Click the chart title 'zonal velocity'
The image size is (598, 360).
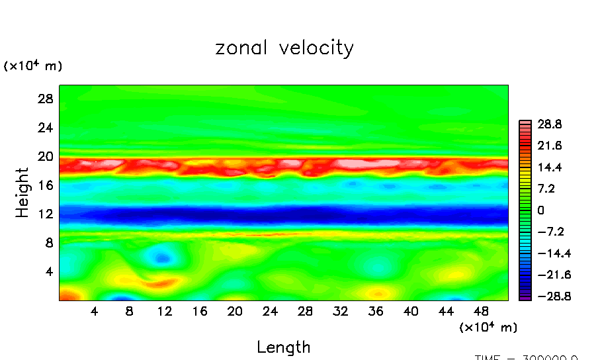click(284, 48)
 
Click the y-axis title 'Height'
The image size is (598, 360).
click(22, 193)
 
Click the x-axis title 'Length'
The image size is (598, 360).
click(283, 347)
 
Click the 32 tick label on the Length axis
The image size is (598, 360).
click(341, 310)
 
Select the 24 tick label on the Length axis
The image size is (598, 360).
click(271, 310)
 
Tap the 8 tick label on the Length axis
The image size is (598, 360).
click(130, 310)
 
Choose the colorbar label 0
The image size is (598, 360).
click(540, 210)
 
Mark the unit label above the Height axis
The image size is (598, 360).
click(33, 66)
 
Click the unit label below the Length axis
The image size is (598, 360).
click(488, 327)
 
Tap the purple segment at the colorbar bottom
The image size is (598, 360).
click(525, 297)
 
